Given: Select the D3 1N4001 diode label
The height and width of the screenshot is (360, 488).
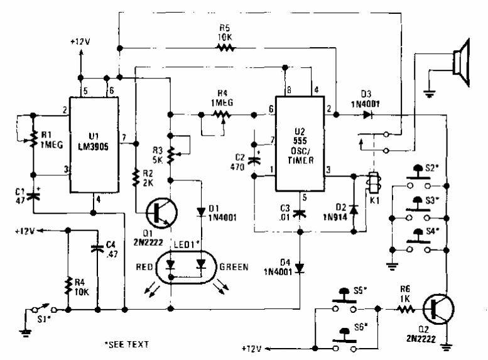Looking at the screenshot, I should (x=360, y=99).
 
